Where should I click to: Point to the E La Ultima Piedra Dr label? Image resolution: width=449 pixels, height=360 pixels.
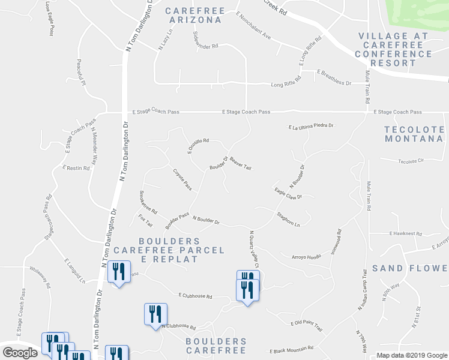click(310, 127)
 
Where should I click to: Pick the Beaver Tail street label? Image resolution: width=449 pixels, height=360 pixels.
click(240, 162)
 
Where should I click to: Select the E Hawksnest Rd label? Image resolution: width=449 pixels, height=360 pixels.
click(406, 233)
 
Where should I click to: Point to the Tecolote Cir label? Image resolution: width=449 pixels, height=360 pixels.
click(411, 161)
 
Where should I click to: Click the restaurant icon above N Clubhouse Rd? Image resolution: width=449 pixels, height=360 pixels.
click(155, 313)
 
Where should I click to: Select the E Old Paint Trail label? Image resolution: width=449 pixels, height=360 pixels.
click(306, 326)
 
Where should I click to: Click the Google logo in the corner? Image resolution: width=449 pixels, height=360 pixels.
click(20, 353)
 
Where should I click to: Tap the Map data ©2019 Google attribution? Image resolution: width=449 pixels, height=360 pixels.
click(411, 355)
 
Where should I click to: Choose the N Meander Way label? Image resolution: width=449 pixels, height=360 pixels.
click(95, 147)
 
